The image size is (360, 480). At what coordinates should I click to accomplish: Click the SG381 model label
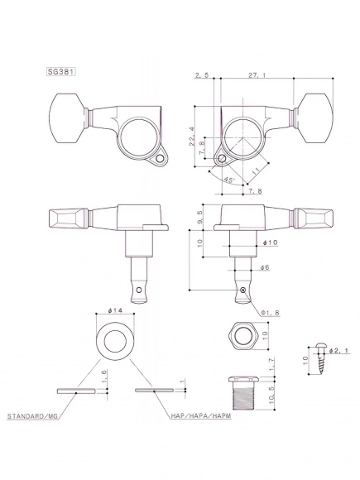pyautogui.click(x=62, y=71)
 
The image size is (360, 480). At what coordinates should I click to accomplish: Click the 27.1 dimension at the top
pyautogui.click(x=256, y=75)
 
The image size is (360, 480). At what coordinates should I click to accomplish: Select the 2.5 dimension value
pyautogui.click(x=201, y=75)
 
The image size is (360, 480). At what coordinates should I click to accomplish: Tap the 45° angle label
pyautogui.click(x=227, y=177)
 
